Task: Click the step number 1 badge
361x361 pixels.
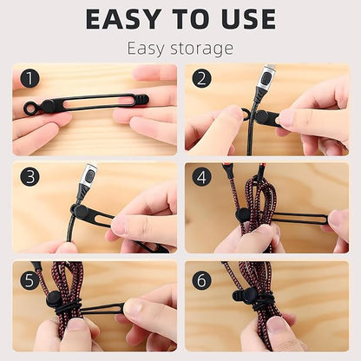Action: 30,79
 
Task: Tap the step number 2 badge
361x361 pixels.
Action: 202,79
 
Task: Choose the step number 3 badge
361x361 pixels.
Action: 30,177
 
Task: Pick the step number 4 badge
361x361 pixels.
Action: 202,177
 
